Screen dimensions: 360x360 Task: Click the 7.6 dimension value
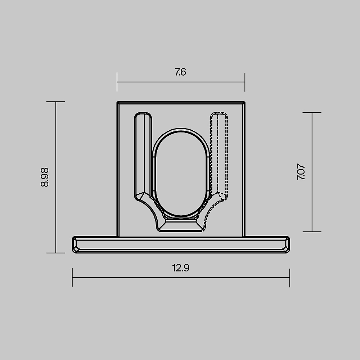click(x=180, y=72)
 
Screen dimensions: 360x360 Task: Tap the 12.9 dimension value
click(x=181, y=268)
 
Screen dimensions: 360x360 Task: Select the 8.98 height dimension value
click(x=45, y=177)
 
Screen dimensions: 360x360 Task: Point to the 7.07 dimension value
click(x=301, y=172)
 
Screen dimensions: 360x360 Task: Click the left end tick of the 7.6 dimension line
click(x=117, y=82)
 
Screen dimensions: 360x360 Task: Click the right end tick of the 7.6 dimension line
click(x=245, y=82)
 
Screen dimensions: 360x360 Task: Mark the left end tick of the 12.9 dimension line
click(x=72, y=277)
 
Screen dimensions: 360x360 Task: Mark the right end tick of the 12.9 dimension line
click(x=289, y=278)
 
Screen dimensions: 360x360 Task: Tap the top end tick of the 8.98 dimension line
click(x=55, y=102)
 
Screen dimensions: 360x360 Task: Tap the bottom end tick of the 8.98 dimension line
click(x=55, y=253)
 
